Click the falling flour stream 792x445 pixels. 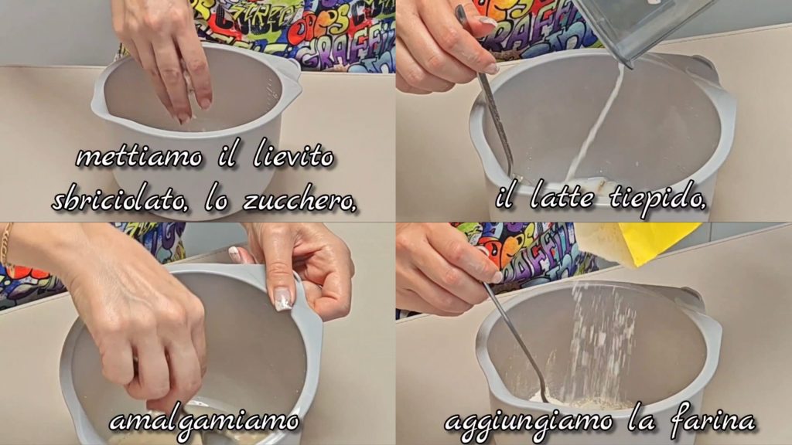click(601, 343)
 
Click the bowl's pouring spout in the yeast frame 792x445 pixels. click(289, 70)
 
